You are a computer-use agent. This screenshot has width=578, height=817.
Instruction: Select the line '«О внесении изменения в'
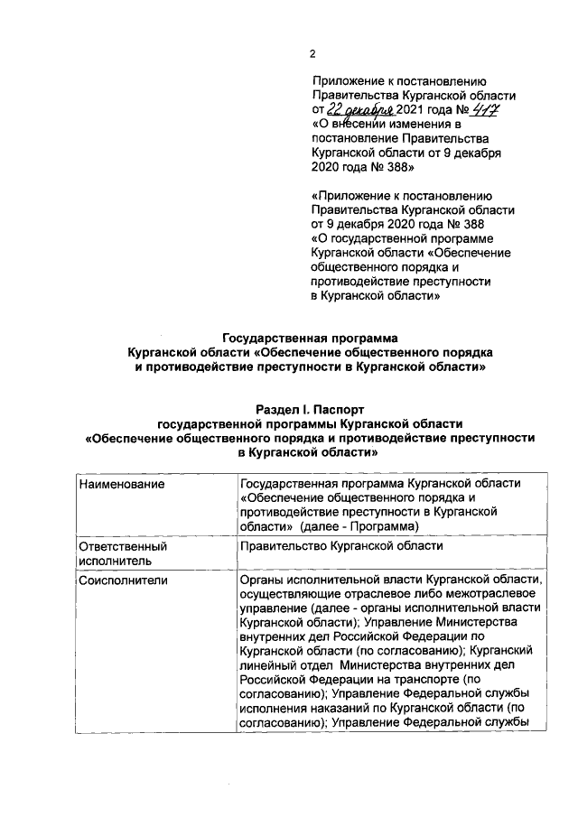tap(386, 125)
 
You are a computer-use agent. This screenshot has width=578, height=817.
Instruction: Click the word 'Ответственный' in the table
tap(124, 546)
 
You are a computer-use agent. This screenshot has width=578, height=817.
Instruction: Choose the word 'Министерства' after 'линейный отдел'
tap(378, 665)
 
